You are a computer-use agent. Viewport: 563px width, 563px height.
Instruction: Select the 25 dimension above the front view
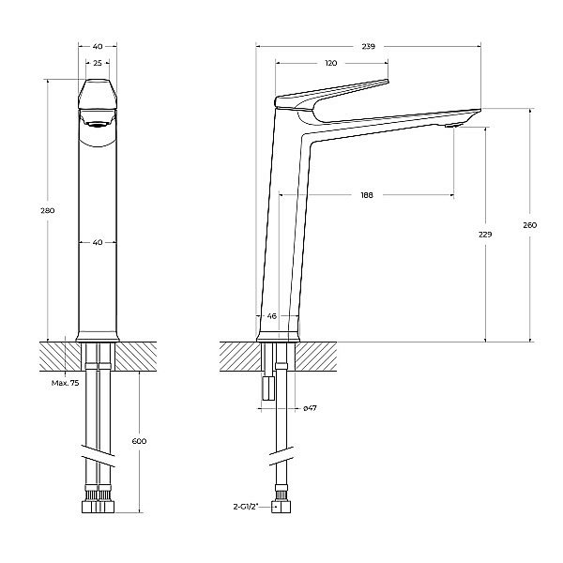tap(97, 63)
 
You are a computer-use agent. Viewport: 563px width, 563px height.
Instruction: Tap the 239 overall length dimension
tap(368, 44)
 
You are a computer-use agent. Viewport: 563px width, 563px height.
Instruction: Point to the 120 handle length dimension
tap(330, 63)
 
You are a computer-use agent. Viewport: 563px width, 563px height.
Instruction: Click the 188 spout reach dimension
tap(366, 195)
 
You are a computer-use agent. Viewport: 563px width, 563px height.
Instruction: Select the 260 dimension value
tap(531, 225)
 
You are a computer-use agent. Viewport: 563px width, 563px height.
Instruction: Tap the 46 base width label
tap(272, 317)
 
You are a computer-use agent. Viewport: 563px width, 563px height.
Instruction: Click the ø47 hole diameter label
tap(309, 408)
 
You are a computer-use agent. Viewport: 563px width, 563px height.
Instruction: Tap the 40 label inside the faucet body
tap(97, 243)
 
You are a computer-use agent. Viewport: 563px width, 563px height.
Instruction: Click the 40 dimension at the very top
tap(97, 45)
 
